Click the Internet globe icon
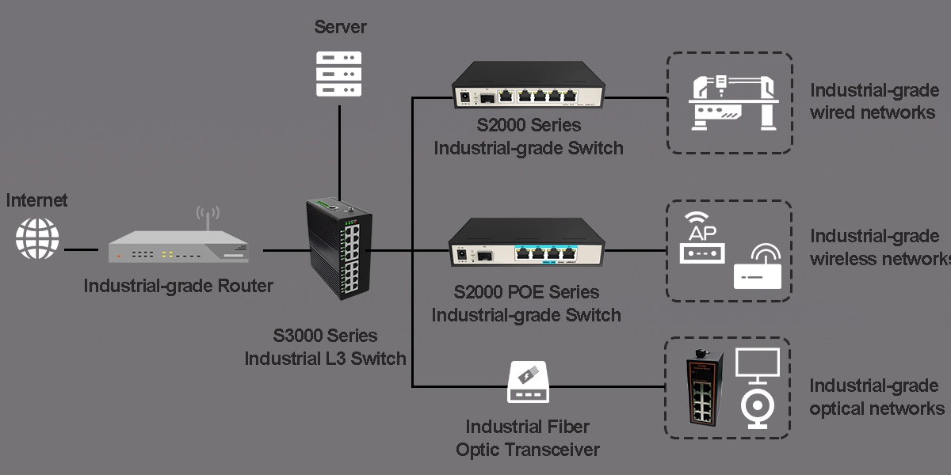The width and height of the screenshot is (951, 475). point(38,237)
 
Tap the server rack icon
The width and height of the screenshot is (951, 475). point(338,74)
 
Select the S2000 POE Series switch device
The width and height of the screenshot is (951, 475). point(525,244)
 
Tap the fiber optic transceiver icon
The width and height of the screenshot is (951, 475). point(528,382)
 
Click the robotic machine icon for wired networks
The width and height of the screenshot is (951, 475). point(729,103)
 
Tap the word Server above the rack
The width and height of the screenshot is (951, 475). point(341,27)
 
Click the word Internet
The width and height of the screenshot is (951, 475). point(37,200)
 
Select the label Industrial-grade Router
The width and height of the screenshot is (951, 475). point(178,286)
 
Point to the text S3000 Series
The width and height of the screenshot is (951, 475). point(326,336)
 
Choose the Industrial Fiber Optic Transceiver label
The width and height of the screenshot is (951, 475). point(528,438)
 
